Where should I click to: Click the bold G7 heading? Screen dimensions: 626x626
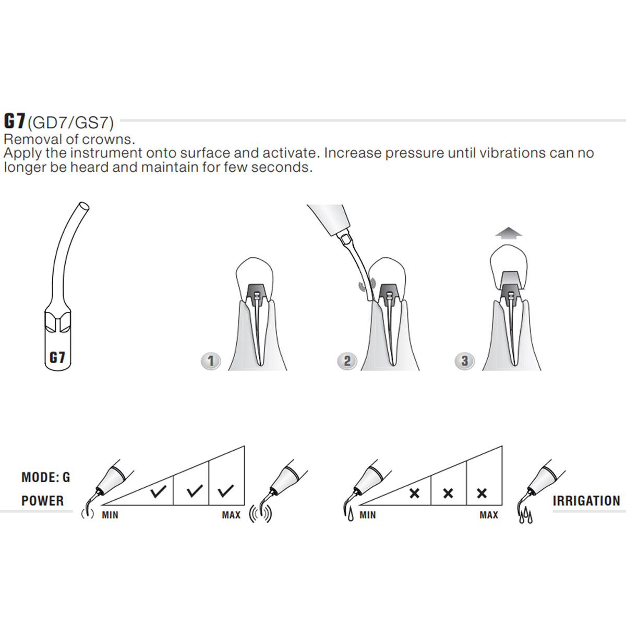pyautogui.click(x=15, y=121)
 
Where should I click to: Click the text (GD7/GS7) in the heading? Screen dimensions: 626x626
pyautogui.click(x=70, y=123)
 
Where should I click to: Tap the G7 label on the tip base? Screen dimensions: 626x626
pyautogui.click(x=57, y=357)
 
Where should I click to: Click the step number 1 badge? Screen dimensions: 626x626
pyautogui.click(x=211, y=360)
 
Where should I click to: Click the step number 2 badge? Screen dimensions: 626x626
pyautogui.click(x=347, y=360)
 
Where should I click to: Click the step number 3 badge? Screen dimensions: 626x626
pyautogui.click(x=464, y=360)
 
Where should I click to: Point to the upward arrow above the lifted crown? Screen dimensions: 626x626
pyautogui.click(x=509, y=233)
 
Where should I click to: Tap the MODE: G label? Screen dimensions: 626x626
pyautogui.click(x=45, y=477)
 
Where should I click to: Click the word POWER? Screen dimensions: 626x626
pyautogui.click(x=42, y=501)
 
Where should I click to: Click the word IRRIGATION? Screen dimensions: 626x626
pyautogui.click(x=586, y=501)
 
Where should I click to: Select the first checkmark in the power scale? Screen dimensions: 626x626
pyautogui.click(x=159, y=491)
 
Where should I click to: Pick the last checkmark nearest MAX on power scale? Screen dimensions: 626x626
pyautogui.click(x=226, y=491)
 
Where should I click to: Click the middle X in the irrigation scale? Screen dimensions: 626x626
pyautogui.click(x=448, y=493)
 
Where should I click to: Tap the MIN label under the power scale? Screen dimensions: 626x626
pyautogui.click(x=110, y=515)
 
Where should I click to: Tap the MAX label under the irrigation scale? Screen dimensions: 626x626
pyautogui.click(x=489, y=515)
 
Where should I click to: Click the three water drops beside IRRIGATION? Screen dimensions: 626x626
pyautogui.click(x=525, y=516)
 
